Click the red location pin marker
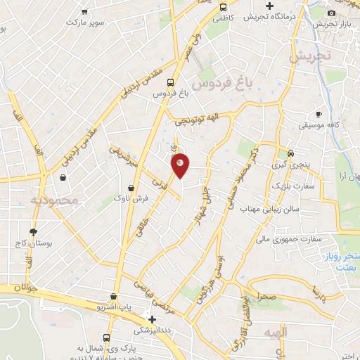(181, 165)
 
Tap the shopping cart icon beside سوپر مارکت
(85, 12)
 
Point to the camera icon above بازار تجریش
(331, 13)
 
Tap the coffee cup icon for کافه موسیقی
(319, 114)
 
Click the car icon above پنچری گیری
(291, 153)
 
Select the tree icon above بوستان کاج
(32, 231)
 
